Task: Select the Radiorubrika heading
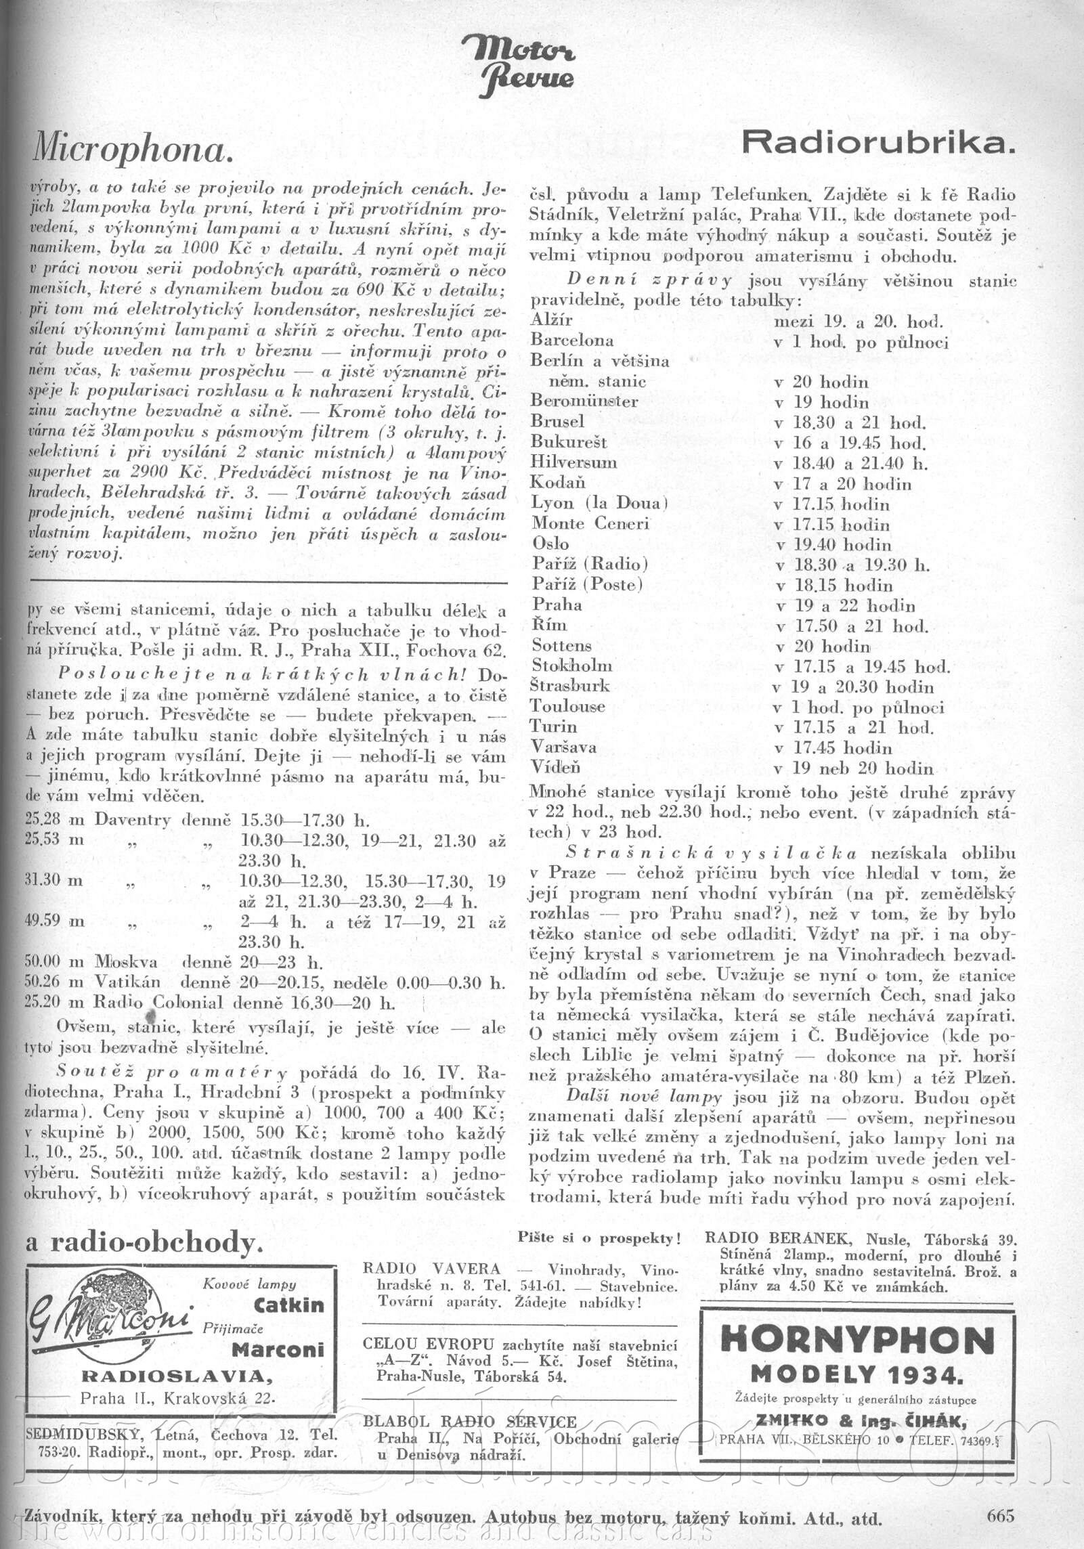879,142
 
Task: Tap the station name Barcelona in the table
572,340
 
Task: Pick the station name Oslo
550,544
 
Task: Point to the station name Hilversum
574,463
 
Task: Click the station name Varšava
564,747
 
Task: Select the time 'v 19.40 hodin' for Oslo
834,544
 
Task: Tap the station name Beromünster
584,401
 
